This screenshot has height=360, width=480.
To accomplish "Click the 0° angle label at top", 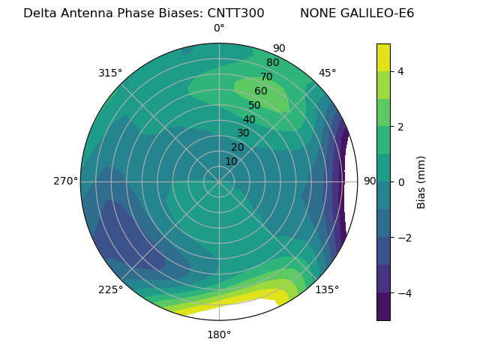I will tap(219, 28).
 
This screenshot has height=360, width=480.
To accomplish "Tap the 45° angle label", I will tap(327, 73).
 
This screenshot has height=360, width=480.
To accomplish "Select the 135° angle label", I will tap(327, 289).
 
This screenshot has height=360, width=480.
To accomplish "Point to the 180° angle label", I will tap(219, 334).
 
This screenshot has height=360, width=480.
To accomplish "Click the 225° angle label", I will tap(110, 289).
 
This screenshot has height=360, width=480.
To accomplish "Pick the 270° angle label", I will tap(65, 181).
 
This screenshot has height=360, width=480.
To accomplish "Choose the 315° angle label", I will tap(110, 73).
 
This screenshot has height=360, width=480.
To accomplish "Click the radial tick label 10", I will tap(231, 161).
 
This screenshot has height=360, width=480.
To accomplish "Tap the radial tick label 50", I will tap(255, 106).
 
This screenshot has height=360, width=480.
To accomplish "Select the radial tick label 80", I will tap(273, 63).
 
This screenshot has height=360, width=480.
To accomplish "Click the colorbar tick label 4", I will tap(401, 71).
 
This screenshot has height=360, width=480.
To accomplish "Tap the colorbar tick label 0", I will tap(401, 182).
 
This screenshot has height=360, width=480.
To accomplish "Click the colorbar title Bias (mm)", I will tap(421, 182).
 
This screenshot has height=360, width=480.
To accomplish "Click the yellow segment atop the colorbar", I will tap(383, 57).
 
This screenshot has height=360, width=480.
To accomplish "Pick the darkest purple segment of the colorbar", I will tap(383, 307).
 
